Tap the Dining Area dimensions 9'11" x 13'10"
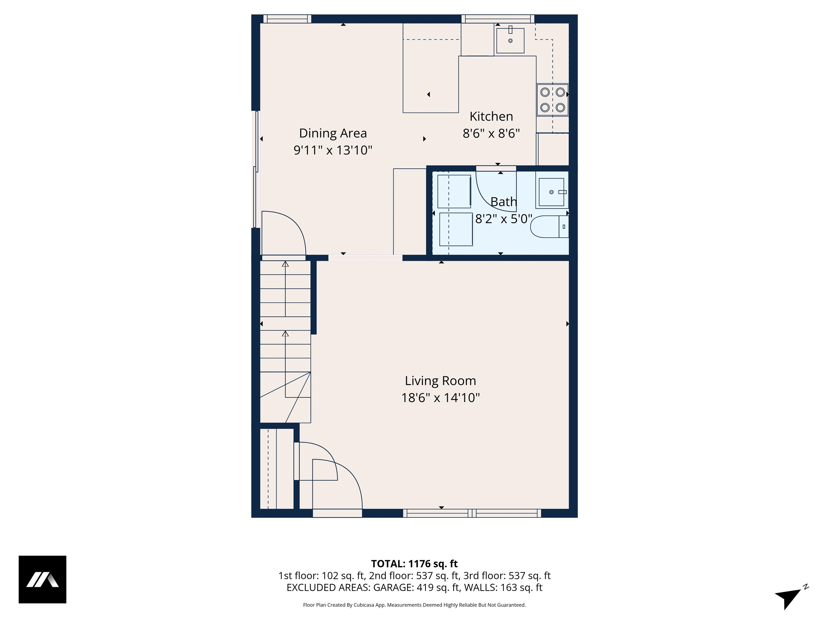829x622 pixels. pos(333,150)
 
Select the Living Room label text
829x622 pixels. pos(440,381)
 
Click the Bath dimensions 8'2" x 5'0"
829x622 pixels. pos(503,219)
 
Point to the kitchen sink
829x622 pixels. pos(510,40)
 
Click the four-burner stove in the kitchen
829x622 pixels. pos(552,100)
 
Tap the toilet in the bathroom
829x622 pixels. pos(549,227)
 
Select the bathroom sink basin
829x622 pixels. pos(551,192)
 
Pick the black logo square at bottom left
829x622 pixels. pos(42,579)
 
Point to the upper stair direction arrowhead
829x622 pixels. pos(285,264)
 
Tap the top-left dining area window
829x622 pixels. pos(287,19)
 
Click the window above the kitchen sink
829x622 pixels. pos(498,19)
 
